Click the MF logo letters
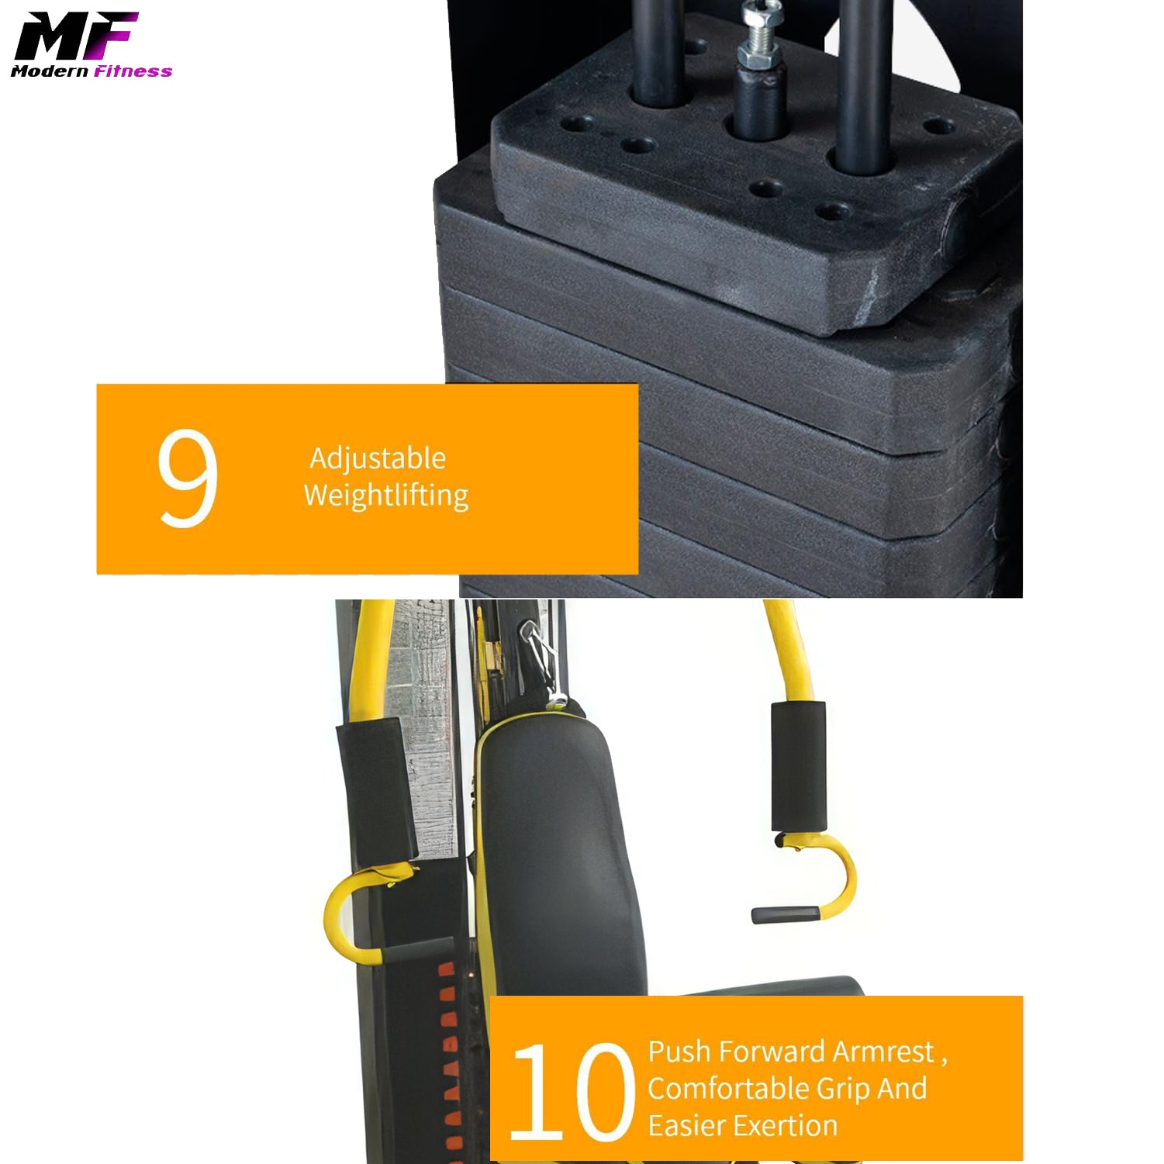(76, 36)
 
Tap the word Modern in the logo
(50, 71)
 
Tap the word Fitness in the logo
(133, 71)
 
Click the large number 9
(187, 478)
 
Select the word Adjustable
(378, 459)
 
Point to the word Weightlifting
(386, 495)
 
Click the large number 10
(572, 1092)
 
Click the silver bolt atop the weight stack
(759, 35)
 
